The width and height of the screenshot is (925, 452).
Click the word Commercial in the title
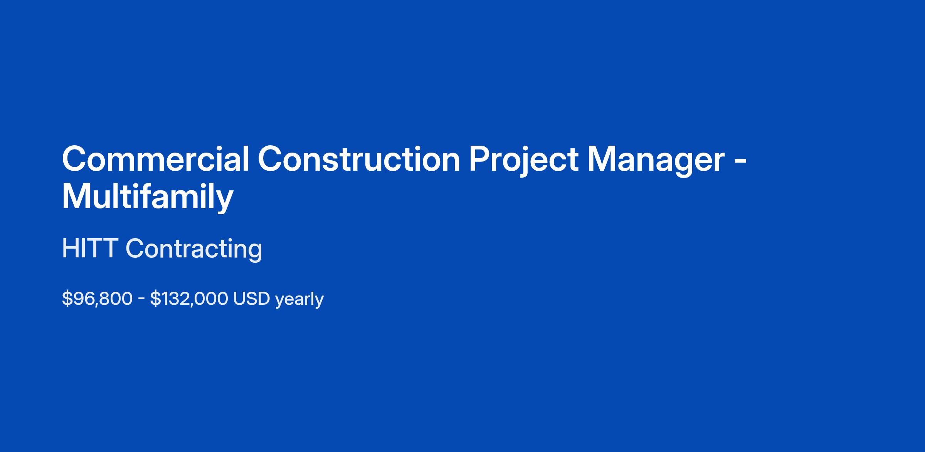coord(156,159)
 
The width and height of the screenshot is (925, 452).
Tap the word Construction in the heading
coord(359,159)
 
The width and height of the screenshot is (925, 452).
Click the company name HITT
coord(90,249)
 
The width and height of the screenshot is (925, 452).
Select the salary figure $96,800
coord(97,299)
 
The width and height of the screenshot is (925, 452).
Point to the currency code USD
coord(251,299)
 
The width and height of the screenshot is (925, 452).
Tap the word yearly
coord(299,300)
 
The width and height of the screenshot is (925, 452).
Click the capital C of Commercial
coord(75,159)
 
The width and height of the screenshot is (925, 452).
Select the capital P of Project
coord(480,159)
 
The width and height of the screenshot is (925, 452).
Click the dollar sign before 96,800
coord(67,299)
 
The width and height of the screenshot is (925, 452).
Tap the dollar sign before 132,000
coord(155,299)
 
